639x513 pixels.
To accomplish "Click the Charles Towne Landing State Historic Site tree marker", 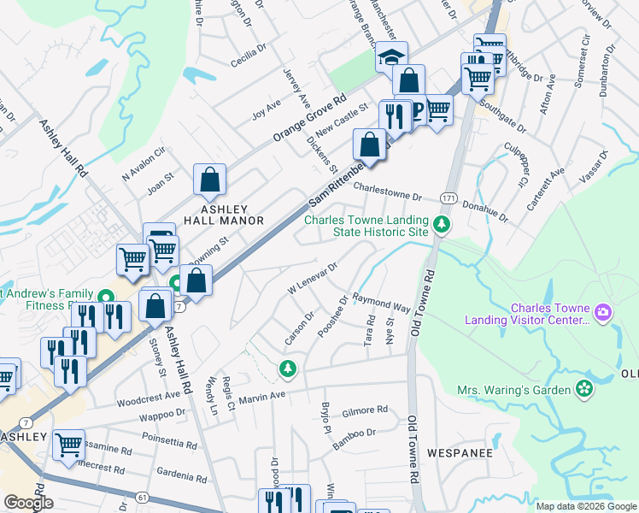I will tap(442, 225).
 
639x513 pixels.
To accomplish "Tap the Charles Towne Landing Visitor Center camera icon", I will tap(605, 313).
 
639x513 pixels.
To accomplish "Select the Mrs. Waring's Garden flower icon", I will tap(584, 389).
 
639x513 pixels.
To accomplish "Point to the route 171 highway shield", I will tap(448, 198).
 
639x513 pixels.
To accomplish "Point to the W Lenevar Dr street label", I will tap(314, 278).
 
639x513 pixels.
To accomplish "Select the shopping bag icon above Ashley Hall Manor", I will tap(209, 180).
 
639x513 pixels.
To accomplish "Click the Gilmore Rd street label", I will tap(365, 410).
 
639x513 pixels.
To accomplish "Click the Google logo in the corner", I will tap(29, 503).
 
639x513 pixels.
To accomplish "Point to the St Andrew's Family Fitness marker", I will tap(107, 298).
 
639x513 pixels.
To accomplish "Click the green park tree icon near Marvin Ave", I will tap(289, 369).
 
